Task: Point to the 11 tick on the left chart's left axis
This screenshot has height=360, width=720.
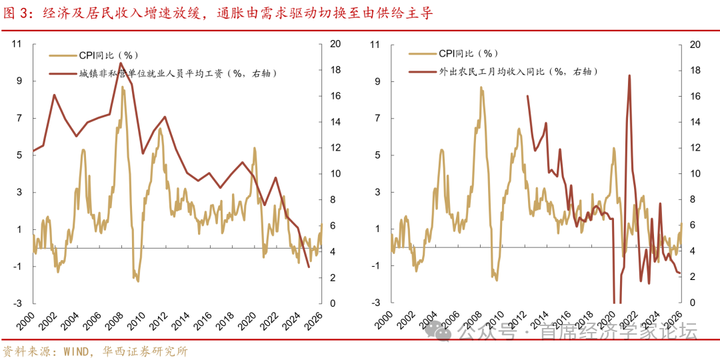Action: tap(18, 44)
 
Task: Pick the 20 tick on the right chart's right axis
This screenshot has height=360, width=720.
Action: tap(695, 45)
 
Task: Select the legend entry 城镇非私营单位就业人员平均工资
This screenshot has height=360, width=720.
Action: tap(177, 73)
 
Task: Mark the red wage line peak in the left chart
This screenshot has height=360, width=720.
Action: tap(120, 63)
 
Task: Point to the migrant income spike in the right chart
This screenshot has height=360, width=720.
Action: tap(629, 75)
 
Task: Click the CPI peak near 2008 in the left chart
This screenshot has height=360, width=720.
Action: tap(123, 87)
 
